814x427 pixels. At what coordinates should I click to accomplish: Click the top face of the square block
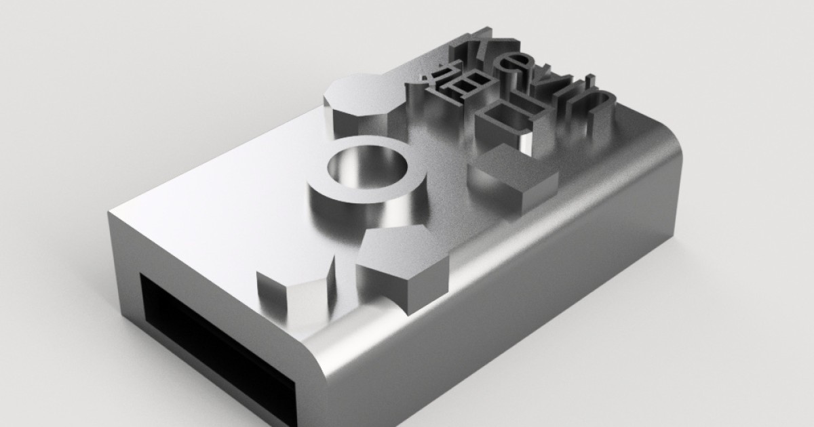coord(516,163)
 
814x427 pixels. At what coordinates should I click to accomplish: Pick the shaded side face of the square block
coord(536,193)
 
